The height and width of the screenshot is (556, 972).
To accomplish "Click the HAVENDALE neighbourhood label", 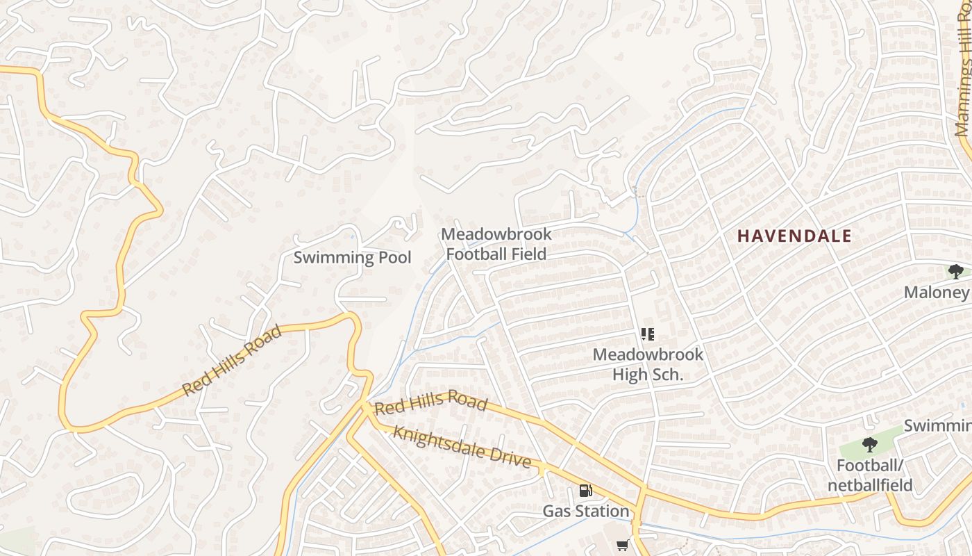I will [794, 236].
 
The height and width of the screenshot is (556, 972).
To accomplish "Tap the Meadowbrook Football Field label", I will [496, 244].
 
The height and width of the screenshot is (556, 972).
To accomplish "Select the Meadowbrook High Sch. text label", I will [648, 364].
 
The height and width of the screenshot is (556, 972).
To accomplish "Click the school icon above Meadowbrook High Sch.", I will [648, 334].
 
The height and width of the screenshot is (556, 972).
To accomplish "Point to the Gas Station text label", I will [585, 512].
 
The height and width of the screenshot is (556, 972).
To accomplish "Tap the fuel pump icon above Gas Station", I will [586, 491].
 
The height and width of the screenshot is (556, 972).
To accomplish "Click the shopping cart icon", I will [623, 546].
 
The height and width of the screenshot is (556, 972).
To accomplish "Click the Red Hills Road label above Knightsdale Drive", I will [430, 402].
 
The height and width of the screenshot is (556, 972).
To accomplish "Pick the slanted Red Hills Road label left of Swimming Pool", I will [232, 361].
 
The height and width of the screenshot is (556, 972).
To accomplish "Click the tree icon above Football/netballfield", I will [869, 444].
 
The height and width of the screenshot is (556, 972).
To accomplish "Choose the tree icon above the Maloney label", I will [955, 271].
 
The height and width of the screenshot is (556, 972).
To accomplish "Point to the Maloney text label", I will [936, 293].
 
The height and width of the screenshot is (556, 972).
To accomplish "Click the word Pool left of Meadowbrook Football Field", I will [393, 258].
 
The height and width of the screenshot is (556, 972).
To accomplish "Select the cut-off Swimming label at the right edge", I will [937, 425].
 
